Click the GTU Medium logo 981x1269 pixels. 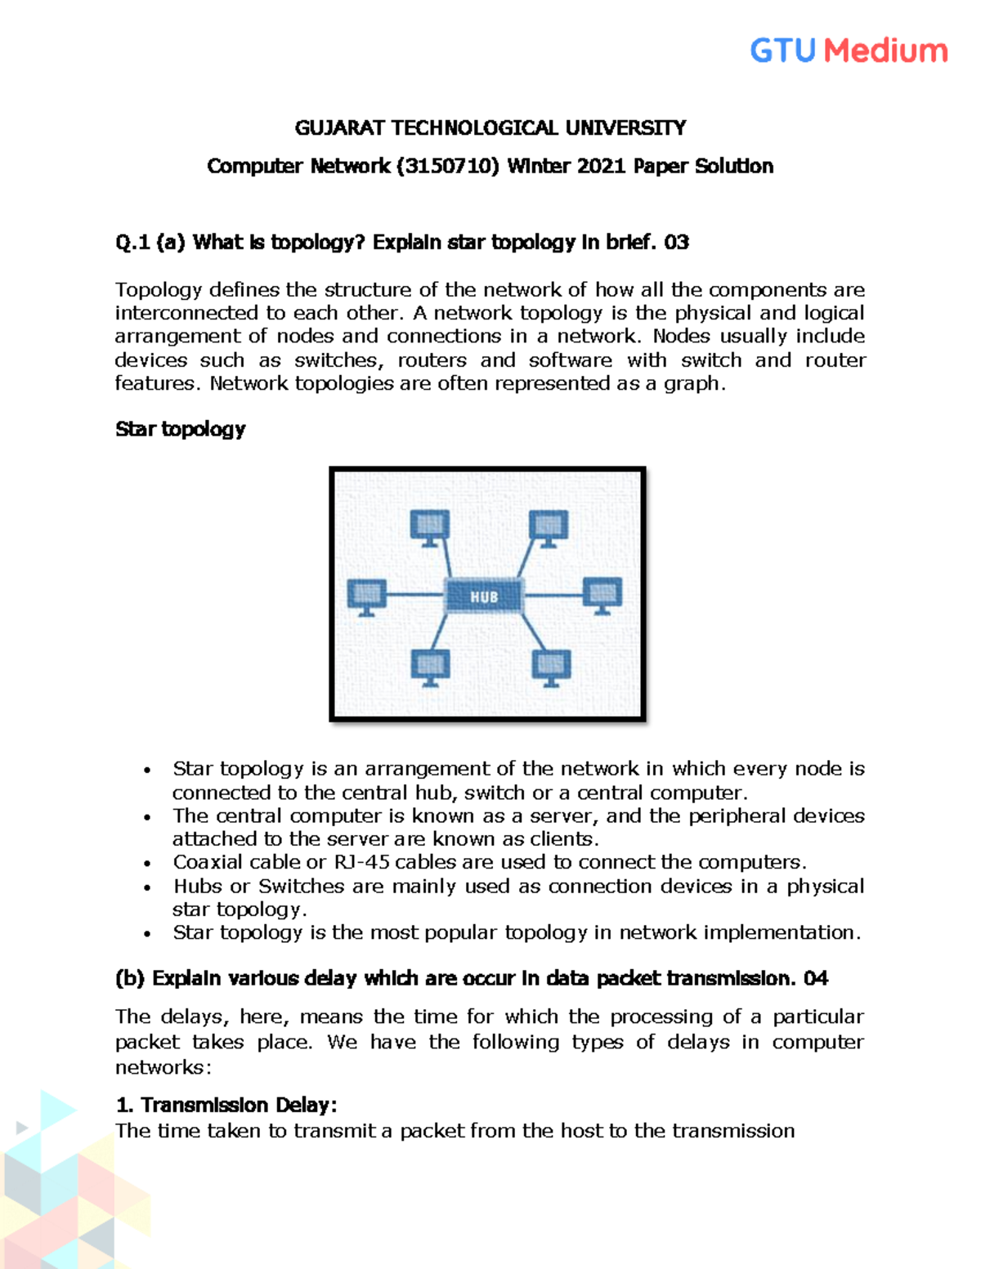(x=849, y=51)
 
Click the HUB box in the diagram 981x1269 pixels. (x=484, y=597)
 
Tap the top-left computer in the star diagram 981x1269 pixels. (x=430, y=527)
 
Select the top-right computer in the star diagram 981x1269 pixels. (x=549, y=527)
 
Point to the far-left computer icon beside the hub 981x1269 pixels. (x=367, y=596)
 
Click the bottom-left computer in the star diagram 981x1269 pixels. (x=430, y=667)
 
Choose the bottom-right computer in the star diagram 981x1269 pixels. (x=551, y=667)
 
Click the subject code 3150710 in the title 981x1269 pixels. (x=448, y=166)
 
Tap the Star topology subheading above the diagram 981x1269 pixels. (x=180, y=429)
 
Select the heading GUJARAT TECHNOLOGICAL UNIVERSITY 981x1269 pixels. (x=490, y=127)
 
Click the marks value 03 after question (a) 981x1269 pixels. (x=676, y=242)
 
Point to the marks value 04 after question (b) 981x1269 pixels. (x=816, y=978)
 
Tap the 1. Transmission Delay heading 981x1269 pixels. (x=226, y=1105)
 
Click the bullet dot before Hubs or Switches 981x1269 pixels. (x=147, y=887)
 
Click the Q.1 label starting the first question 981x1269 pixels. (x=132, y=242)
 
